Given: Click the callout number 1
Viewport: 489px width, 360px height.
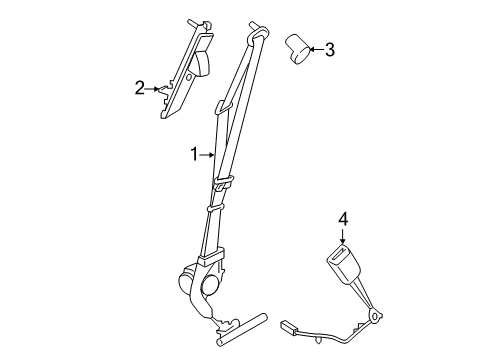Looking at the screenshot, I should (x=196, y=154).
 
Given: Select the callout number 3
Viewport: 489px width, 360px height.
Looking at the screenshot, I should (x=330, y=48).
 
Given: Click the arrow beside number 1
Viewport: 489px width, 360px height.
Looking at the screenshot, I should (x=208, y=154).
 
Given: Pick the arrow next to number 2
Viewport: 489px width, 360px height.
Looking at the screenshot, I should (x=154, y=89).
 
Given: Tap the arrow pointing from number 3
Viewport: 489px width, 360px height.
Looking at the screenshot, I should (x=314, y=48).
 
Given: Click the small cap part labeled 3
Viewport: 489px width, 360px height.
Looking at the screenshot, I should (x=296, y=48).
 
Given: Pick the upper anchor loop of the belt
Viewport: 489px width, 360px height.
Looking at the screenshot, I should (x=257, y=37).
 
